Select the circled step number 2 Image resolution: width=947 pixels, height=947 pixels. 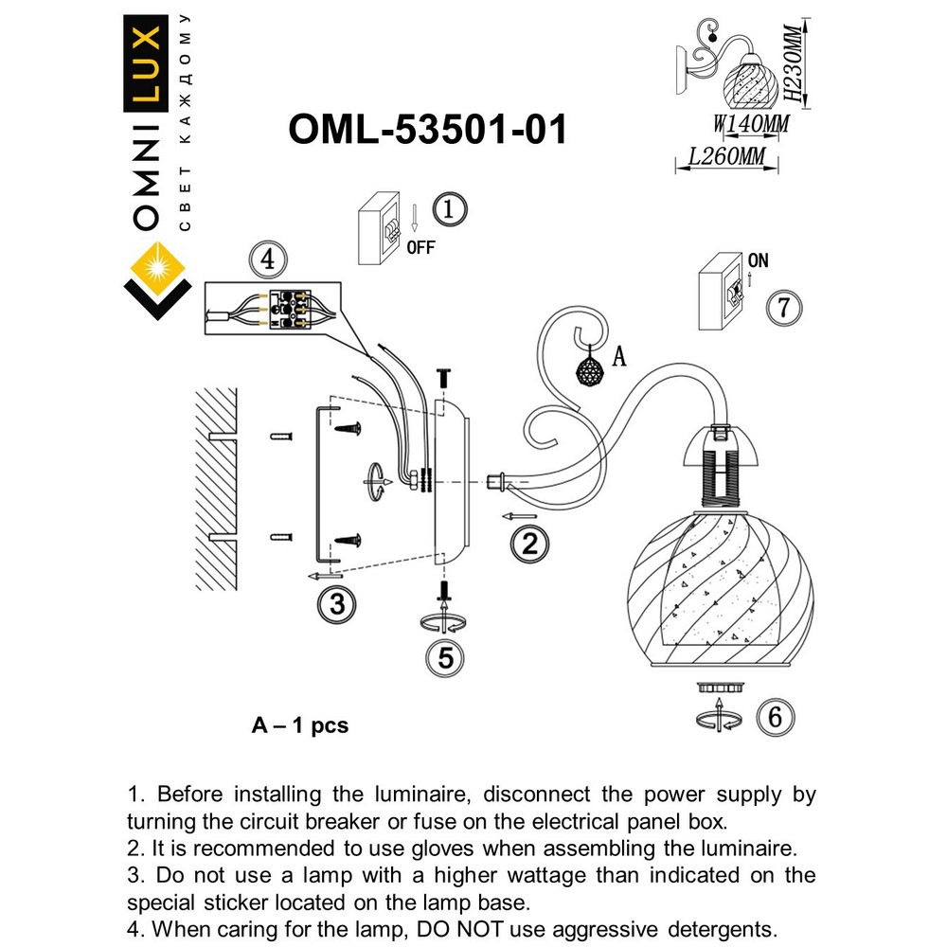(528, 543)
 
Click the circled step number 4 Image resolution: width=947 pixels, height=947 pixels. (268, 258)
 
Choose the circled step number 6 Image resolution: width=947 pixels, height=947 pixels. (775, 718)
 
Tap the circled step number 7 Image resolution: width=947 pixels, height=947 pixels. (782, 308)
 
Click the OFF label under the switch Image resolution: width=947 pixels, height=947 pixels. (420, 248)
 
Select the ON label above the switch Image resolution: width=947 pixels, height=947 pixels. (758, 259)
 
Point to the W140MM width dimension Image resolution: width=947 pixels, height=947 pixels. (750, 123)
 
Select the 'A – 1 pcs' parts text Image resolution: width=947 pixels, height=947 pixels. (300, 726)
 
